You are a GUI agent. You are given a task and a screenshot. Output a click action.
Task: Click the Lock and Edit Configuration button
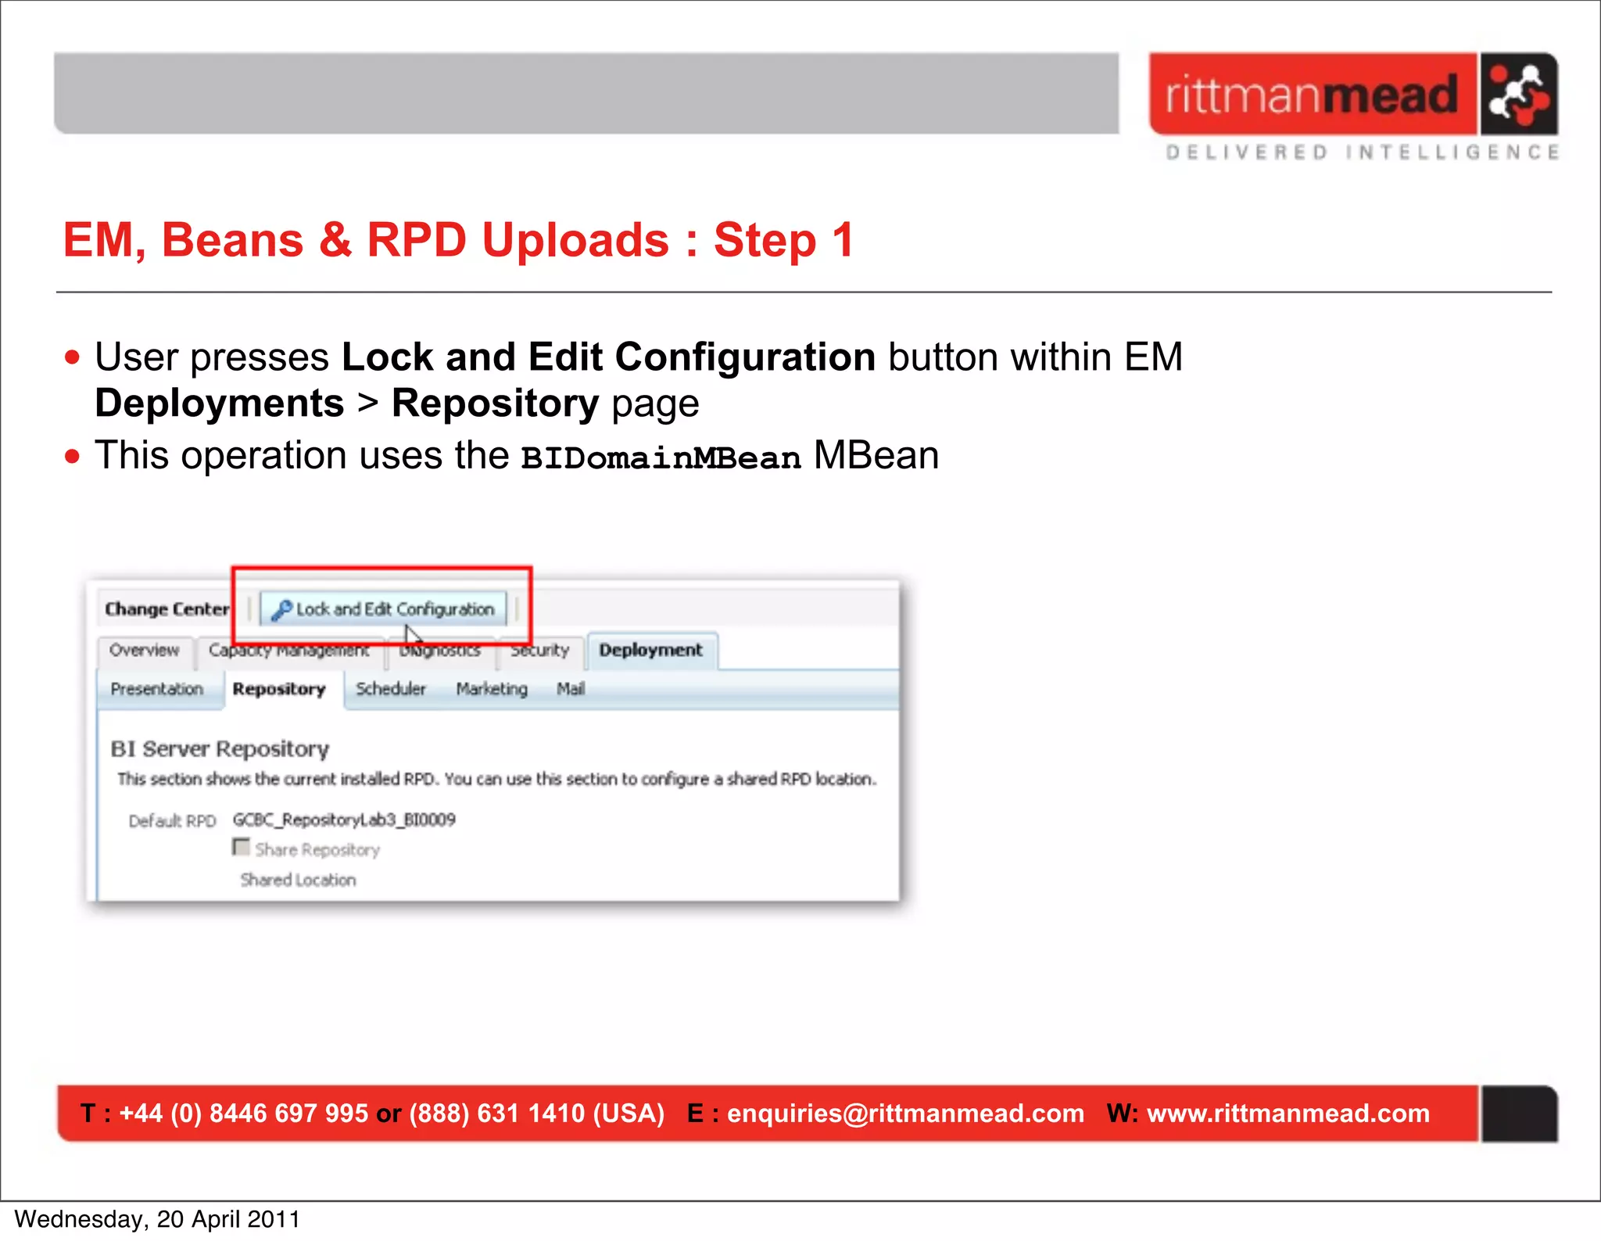click(x=383, y=609)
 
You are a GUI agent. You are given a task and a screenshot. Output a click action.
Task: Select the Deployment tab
click(x=650, y=651)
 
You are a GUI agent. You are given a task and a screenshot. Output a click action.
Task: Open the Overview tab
click(x=144, y=651)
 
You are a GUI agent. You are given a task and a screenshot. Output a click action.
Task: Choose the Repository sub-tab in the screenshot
click(x=279, y=690)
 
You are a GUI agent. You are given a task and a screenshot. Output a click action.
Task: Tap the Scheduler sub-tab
click(x=391, y=690)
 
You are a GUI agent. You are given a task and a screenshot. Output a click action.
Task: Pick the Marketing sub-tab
click(x=492, y=690)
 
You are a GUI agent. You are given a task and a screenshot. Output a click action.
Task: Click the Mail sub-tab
click(x=571, y=690)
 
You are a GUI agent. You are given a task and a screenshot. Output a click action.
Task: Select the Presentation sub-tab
click(x=156, y=690)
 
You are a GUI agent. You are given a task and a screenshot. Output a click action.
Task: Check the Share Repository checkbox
click(x=242, y=848)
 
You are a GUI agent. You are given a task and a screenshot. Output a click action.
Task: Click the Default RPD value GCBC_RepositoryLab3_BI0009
click(x=344, y=820)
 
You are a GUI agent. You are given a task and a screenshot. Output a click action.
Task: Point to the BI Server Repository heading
click(x=220, y=749)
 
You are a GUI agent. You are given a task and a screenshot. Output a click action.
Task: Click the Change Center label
click(x=167, y=609)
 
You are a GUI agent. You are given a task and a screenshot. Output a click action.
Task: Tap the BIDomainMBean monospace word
click(x=661, y=458)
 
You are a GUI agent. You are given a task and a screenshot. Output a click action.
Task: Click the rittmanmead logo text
click(x=1312, y=95)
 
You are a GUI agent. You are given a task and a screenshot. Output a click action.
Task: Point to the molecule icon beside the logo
click(x=1517, y=95)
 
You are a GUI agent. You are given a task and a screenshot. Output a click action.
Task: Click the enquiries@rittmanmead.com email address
click(x=905, y=1114)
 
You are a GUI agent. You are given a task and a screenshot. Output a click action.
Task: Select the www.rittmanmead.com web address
click(x=1288, y=1114)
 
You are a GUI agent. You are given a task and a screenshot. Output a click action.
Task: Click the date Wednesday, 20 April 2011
click(x=157, y=1220)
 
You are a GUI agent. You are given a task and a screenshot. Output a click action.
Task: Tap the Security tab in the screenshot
click(x=540, y=651)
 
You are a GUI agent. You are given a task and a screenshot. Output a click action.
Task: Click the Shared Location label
click(x=298, y=881)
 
